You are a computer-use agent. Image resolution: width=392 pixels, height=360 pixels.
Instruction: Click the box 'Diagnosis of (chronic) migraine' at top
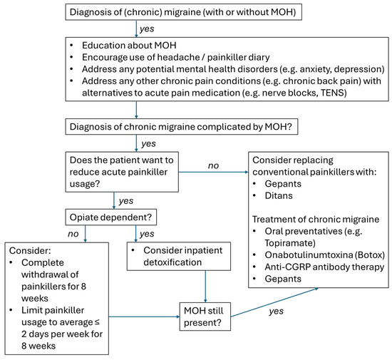pos(195,13)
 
